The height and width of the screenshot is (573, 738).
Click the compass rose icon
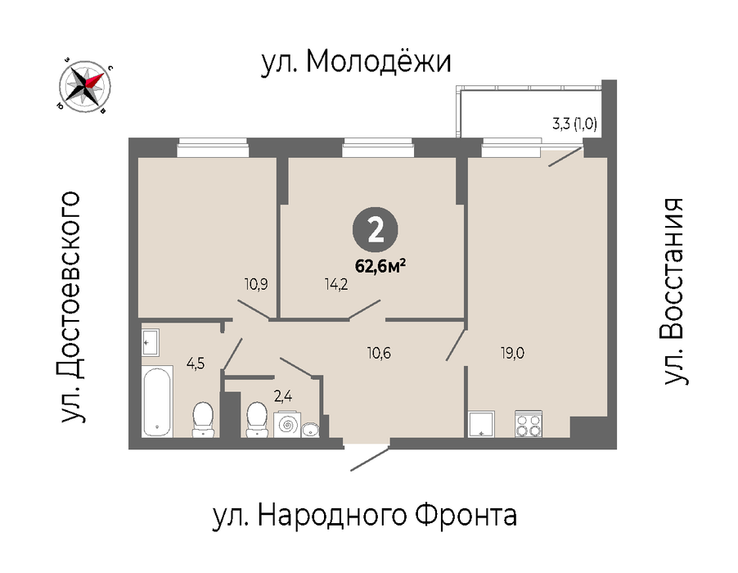85,87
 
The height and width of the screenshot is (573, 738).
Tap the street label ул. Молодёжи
356,61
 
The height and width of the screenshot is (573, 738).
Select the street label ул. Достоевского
70,307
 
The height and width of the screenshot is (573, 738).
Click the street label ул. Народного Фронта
365,515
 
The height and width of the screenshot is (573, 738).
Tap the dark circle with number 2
375,230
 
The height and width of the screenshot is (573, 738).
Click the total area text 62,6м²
380,267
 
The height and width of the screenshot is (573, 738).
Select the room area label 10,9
256,284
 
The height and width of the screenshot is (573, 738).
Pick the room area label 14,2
336,284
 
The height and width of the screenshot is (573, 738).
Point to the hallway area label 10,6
379,353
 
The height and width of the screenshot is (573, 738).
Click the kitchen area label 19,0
512,353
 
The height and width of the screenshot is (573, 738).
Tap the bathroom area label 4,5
196,364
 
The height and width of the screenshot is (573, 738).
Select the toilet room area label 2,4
283,396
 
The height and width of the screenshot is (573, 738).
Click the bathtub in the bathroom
157,401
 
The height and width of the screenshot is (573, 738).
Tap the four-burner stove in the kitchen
529,424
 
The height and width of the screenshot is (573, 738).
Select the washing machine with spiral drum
286,425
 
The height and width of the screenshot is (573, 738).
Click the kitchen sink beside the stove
481,424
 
